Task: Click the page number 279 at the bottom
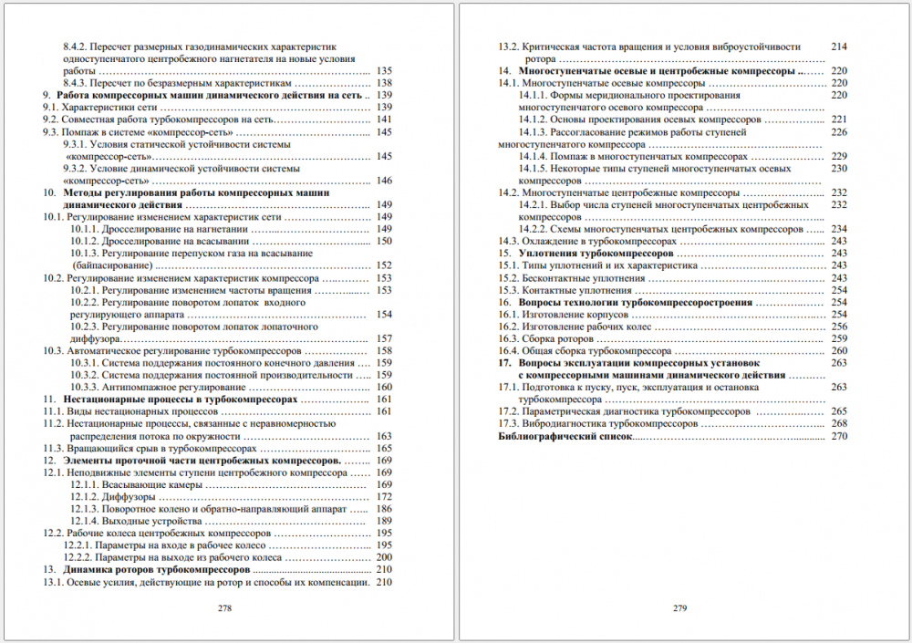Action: click(x=679, y=607)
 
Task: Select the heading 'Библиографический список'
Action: click(x=565, y=436)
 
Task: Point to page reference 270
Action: click(x=839, y=436)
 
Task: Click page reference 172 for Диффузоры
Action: click(x=383, y=496)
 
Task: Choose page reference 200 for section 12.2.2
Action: click(x=383, y=557)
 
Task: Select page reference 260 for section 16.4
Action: click(x=839, y=350)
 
